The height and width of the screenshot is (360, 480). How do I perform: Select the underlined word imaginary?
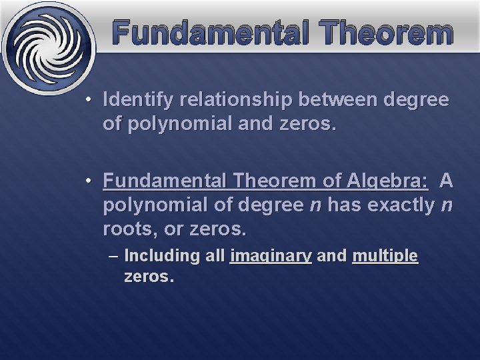click(271, 256)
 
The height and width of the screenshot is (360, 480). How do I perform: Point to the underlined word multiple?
click(385, 256)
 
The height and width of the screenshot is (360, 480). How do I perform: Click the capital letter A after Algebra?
click(447, 181)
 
